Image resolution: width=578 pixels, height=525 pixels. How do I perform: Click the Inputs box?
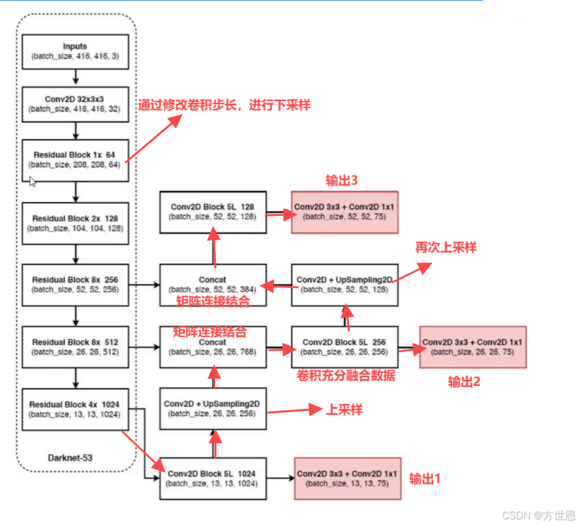75,52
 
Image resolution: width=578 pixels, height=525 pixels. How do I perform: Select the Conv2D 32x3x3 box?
75,104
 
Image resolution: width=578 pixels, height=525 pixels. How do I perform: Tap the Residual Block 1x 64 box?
75,160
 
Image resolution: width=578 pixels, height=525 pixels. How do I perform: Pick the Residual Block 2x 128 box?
75,223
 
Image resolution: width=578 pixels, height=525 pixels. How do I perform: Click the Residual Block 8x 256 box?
75,284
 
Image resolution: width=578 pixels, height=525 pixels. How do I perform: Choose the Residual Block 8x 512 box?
75,347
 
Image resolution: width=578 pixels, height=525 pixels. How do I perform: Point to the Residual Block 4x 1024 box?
75,410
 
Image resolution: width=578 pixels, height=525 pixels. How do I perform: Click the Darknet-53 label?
71,458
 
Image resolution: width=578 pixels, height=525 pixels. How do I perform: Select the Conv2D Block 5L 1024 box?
213,478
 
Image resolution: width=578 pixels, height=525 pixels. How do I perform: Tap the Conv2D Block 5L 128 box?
213,212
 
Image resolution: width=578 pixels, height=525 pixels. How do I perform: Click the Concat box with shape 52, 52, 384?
213,284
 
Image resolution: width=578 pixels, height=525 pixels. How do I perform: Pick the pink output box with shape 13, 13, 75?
347,478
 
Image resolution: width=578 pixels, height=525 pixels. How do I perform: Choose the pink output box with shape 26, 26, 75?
473,347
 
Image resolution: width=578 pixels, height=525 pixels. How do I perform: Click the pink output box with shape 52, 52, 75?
344,212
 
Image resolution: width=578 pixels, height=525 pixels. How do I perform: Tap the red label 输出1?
425,478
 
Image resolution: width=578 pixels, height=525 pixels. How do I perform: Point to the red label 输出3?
342,181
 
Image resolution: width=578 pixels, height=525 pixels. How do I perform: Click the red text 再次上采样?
446,247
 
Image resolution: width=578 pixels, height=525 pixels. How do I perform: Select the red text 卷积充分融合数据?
346,376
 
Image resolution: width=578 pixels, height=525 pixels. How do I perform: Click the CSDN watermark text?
538,516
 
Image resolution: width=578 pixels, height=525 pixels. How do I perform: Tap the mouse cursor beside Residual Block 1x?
33,181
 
